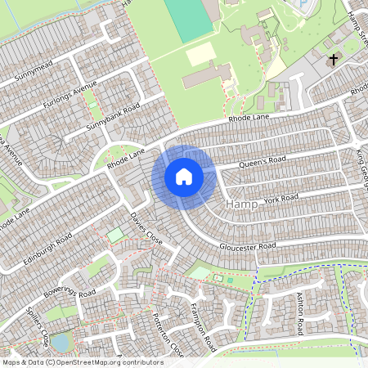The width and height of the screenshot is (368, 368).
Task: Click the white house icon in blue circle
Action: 184,177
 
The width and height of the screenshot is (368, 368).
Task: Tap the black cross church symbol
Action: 333,60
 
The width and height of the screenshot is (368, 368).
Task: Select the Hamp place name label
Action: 241,203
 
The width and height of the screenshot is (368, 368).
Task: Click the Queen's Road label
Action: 263,163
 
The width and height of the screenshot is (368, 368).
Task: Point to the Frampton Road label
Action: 198,321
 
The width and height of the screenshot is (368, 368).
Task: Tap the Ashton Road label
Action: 300,315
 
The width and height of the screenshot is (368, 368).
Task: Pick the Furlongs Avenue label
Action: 72,97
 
